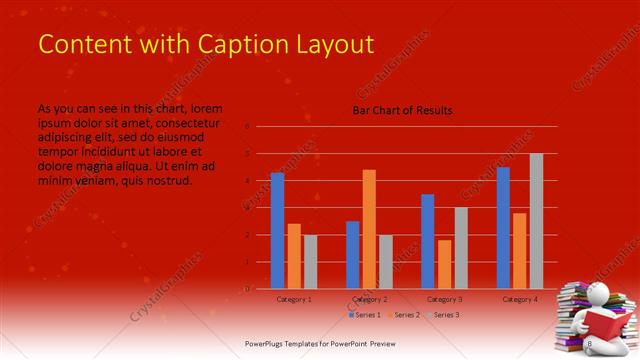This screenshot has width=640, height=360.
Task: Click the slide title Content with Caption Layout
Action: [205, 45]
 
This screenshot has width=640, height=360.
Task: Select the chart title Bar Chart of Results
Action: [402, 110]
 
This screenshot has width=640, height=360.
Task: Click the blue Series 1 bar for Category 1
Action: [277, 230]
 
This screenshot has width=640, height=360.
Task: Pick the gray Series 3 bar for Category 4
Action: [536, 221]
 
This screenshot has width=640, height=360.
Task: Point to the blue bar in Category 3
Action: [428, 241]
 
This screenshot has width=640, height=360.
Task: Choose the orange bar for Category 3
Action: [444, 264]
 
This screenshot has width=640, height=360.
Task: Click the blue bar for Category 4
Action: [503, 227]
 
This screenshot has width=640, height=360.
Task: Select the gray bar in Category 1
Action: [310, 261]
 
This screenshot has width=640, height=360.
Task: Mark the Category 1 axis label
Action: [293, 299]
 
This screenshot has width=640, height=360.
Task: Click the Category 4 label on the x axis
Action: [520, 299]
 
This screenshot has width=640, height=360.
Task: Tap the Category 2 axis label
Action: [369, 299]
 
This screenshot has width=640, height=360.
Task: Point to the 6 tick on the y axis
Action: [247, 127]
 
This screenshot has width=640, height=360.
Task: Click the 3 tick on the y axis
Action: [247, 208]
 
